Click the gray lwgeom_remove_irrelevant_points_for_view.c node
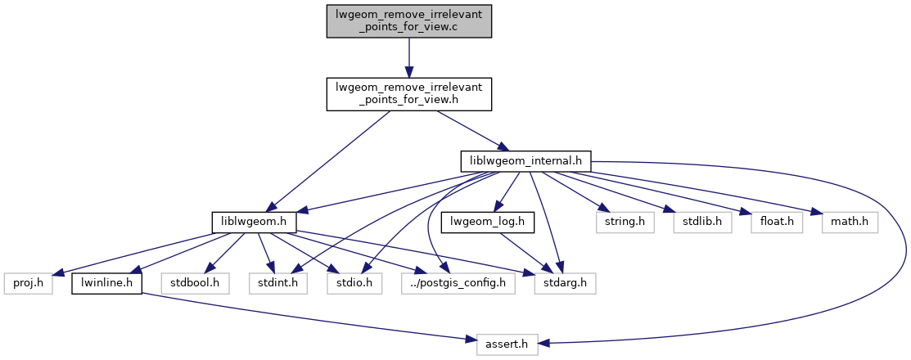pos(408,20)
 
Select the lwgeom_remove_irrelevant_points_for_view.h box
pos(408,95)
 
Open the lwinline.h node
pos(107,284)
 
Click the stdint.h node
pos(273,284)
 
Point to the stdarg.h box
pos(565,284)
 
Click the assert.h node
pos(507,345)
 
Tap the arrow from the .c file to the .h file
pos(408,57)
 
